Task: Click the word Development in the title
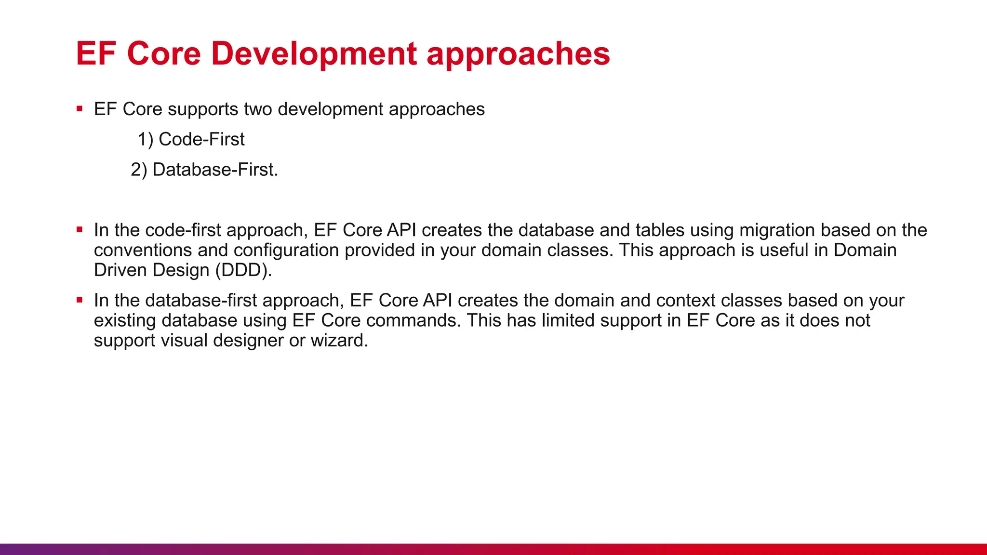pyautogui.click(x=314, y=54)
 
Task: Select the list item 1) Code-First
pyautogui.click(x=191, y=140)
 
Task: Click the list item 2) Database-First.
pyautogui.click(x=204, y=170)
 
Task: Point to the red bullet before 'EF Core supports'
pyautogui.click(x=80, y=109)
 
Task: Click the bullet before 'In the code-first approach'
pyautogui.click(x=80, y=230)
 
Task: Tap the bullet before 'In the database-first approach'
pyautogui.click(x=80, y=301)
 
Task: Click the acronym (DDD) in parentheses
pyautogui.click(x=243, y=271)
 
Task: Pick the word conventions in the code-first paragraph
pyautogui.click(x=143, y=251)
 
